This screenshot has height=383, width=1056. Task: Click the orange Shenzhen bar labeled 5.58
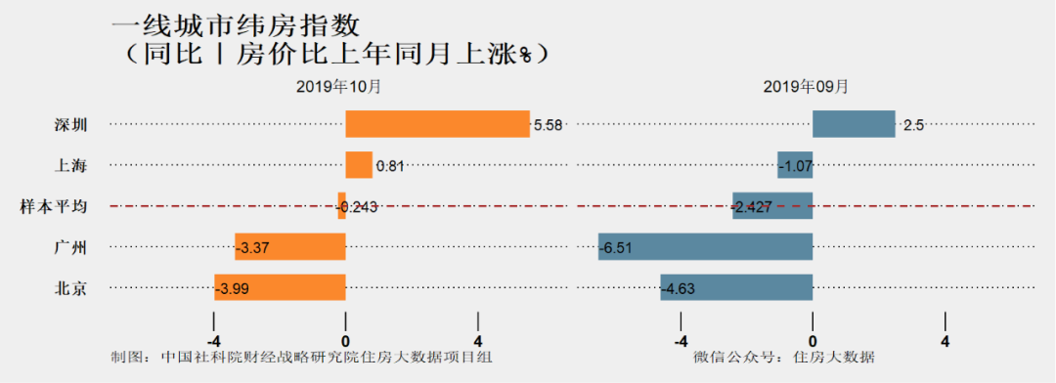coord(437,124)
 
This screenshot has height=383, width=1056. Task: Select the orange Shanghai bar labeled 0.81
coord(359,165)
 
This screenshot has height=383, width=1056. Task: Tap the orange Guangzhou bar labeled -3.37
coord(290,247)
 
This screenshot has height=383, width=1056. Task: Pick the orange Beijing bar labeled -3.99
coord(280,287)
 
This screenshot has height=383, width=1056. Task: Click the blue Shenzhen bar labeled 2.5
coord(854,124)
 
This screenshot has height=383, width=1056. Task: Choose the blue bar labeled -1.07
coord(795,165)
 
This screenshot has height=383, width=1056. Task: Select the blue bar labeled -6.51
coord(706,247)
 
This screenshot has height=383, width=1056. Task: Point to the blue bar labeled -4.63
coord(736,287)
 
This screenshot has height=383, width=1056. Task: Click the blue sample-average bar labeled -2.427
coord(772,206)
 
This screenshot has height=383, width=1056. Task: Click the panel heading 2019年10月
coord(339,86)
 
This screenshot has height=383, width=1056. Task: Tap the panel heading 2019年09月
coord(806,86)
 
